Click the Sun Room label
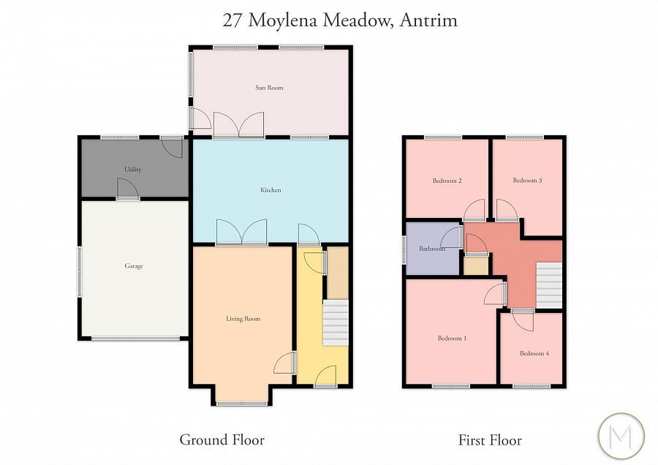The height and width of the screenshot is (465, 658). pyautogui.click(x=269, y=88)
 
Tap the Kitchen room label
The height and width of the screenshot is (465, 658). pyautogui.click(x=271, y=190)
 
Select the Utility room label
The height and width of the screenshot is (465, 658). pyautogui.click(x=133, y=170)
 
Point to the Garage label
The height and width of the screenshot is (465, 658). pyautogui.click(x=133, y=266)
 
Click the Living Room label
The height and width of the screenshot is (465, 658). pyautogui.click(x=243, y=319)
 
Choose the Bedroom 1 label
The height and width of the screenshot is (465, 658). pyautogui.click(x=452, y=339)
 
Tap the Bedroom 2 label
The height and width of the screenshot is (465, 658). pyautogui.click(x=447, y=181)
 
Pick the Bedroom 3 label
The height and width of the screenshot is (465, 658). pyautogui.click(x=527, y=181)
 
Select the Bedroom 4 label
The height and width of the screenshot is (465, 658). pyautogui.click(x=534, y=354)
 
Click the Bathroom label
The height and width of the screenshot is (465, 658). pyautogui.click(x=432, y=249)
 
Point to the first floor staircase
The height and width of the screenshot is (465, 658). pyautogui.click(x=549, y=285)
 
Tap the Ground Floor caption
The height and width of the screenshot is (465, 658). pyautogui.click(x=222, y=440)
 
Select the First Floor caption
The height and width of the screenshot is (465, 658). pyautogui.click(x=490, y=440)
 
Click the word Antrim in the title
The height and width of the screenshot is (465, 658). pyautogui.click(x=429, y=20)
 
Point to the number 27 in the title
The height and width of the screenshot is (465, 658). pyautogui.click(x=232, y=20)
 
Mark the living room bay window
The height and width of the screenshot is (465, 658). pyautogui.click(x=243, y=403)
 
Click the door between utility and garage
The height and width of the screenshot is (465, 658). pyautogui.click(x=128, y=196)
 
